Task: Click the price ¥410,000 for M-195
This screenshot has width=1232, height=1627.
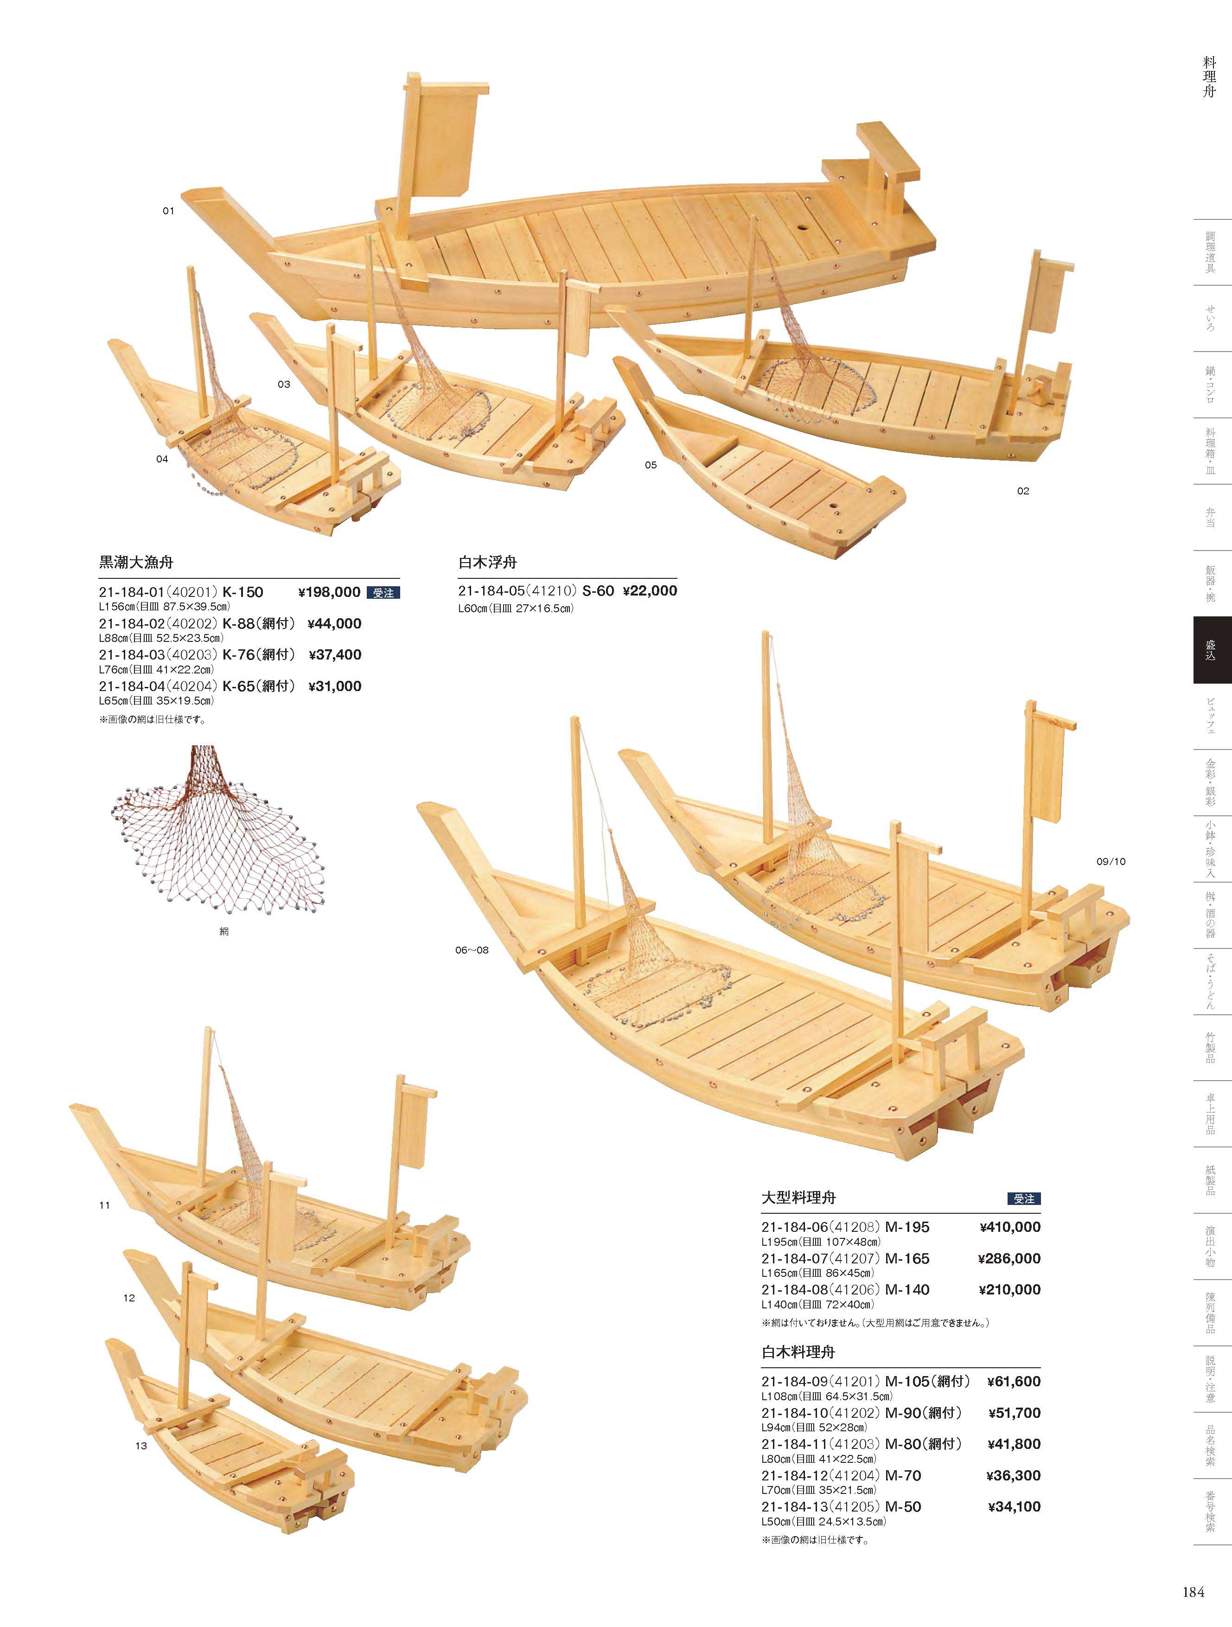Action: click(x=1010, y=1227)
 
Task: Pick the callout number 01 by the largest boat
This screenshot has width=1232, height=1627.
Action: click(x=168, y=211)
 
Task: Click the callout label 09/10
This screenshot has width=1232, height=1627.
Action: click(x=1111, y=861)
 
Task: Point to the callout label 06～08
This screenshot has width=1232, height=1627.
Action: click(x=472, y=949)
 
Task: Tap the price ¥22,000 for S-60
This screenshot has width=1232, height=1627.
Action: click(x=650, y=590)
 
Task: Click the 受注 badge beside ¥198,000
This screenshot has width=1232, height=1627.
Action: click(x=383, y=593)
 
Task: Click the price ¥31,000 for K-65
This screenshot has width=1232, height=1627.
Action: click(x=335, y=686)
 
